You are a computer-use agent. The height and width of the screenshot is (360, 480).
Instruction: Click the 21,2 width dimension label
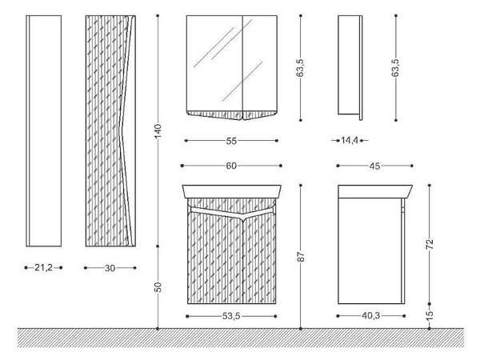click(x=43, y=268)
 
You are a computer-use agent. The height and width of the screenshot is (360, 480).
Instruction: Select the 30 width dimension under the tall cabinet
click(x=110, y=268)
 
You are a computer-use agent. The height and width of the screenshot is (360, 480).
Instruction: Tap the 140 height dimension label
click(x=158, y=131)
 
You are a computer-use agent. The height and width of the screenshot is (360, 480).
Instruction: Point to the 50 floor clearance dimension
click(x=158, y=287)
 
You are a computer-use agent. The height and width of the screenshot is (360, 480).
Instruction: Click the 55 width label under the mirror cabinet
click(x=231, y=141)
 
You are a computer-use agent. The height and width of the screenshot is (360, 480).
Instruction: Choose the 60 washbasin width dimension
click(x=231, y=166)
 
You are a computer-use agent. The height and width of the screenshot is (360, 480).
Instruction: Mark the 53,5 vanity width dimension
click(x=231, y=316)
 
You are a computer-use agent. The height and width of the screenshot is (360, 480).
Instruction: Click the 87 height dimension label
click(x=301, y=257)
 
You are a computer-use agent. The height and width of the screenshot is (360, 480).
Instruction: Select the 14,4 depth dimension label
click(x=350, y=141)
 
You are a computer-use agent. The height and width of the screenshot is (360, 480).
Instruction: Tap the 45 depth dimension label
click(x=374, y=166)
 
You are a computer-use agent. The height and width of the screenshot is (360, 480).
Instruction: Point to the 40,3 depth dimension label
click(x=370, y=316)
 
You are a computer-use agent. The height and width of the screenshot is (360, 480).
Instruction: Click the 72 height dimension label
click(x=430, y=244)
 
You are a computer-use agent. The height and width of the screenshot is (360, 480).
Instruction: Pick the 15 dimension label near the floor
click(x=430, y=316)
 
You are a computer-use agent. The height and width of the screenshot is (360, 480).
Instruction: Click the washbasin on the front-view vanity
click(x=231, y=191)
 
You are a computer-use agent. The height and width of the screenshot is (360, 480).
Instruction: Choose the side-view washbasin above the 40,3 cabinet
click(x=375, y=190)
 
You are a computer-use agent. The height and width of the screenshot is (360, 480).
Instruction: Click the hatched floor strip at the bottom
click(x=240, y=338)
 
